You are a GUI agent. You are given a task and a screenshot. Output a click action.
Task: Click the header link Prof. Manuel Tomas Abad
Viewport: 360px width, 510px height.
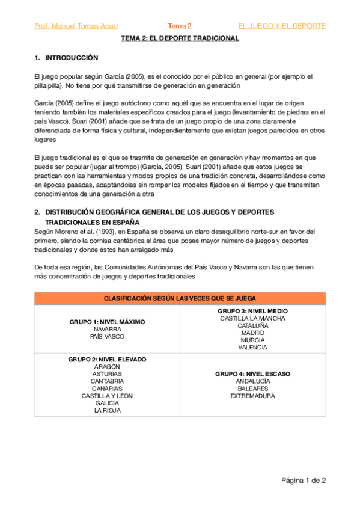point(76,26)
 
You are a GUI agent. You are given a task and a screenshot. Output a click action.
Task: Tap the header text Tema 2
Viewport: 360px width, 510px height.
point(180,26)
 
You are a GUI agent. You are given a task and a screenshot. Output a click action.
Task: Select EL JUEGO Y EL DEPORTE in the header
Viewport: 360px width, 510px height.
point(282,26)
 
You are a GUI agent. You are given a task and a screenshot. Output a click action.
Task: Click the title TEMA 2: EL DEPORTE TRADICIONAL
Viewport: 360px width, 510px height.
point(180,38)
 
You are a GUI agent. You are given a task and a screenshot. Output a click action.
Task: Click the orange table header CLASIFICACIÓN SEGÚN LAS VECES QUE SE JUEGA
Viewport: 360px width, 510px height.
point(180,298)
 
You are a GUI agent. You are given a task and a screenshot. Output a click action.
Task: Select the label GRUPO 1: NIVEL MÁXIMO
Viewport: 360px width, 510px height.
point(107,322)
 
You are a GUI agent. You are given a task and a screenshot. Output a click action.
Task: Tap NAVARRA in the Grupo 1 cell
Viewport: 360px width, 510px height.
point(107,330)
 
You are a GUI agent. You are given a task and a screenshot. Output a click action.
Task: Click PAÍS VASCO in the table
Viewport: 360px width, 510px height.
point(107,337)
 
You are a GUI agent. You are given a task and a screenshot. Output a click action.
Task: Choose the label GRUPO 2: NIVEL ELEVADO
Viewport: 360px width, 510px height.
point(107,359)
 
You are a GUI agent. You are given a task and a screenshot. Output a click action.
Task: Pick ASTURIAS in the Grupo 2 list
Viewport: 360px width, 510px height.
point(107,373)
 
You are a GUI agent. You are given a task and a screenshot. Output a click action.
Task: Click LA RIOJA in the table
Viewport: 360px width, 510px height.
point(107,410)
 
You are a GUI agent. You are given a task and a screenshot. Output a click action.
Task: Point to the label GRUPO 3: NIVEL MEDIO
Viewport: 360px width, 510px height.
point(252,311)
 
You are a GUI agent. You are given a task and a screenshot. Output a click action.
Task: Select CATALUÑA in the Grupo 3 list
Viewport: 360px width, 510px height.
point(252,325)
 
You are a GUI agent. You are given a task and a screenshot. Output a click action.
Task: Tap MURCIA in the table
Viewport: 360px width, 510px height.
point(252,340)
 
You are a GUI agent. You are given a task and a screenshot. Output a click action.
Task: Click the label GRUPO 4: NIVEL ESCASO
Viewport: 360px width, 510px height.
point(252,373)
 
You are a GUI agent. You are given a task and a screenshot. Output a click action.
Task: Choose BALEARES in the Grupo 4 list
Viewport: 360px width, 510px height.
point(252,389)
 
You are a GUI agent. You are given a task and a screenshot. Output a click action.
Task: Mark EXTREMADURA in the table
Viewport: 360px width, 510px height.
point(252,396)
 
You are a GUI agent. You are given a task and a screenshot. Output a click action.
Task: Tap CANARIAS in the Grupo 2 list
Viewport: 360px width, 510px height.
point(107,389)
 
